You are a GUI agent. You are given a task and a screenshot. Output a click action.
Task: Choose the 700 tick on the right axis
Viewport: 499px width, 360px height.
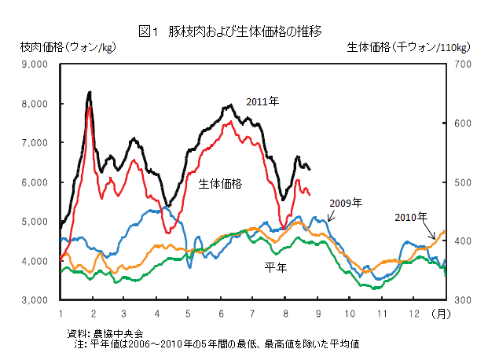461,64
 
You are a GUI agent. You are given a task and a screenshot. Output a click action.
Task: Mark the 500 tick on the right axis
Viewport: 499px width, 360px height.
461,182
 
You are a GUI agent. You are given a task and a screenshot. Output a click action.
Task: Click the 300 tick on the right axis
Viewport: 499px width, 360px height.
461,300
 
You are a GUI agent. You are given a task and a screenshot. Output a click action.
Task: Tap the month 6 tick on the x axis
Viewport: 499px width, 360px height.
220,313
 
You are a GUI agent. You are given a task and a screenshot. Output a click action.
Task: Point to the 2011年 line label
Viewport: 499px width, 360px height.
262,101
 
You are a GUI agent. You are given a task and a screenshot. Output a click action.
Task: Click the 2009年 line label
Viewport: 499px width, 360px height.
346,203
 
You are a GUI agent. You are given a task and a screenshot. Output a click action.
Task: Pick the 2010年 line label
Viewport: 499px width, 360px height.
410,216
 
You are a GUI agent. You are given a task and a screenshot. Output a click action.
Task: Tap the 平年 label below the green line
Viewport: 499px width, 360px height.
275,267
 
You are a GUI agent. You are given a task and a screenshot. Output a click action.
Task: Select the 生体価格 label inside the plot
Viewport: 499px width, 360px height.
220,183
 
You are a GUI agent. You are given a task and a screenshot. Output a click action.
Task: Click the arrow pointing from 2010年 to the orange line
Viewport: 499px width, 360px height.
431,230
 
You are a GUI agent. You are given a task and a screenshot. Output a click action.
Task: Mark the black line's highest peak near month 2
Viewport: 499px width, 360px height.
90,93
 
